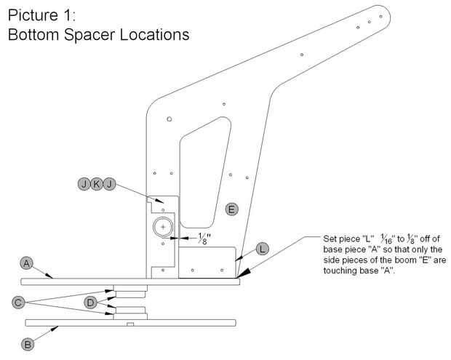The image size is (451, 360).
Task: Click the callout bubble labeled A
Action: [27, 263]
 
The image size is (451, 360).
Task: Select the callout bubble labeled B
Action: [27, 345]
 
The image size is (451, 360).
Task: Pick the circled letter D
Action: [91, 302]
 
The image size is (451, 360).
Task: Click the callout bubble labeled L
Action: [263, 249]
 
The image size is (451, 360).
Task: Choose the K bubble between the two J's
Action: [97, 184]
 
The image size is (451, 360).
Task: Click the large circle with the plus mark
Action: [164, 228]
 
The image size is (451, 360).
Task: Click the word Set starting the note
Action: [332, 239]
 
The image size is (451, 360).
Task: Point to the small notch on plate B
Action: [129, 324]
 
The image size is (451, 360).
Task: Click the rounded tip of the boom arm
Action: [381, 13]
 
